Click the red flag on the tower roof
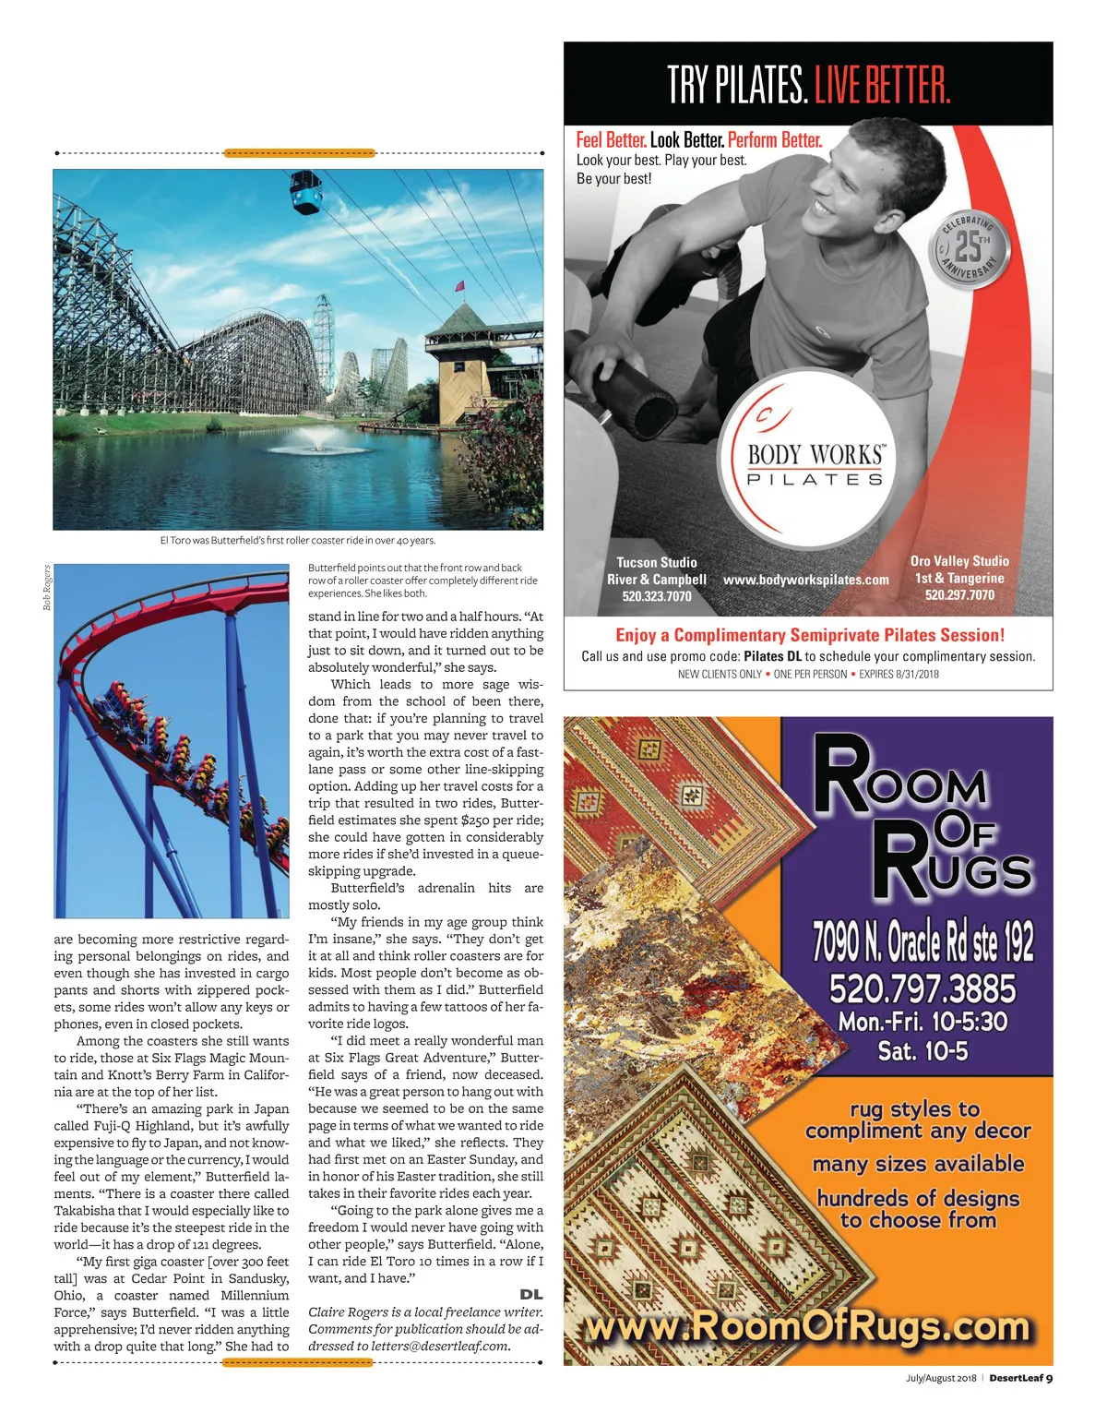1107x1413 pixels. click(458, 288)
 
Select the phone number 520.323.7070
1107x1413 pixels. click(656, 596)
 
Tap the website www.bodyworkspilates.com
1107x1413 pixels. click(806, 580)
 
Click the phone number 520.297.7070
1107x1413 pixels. click(959, 595)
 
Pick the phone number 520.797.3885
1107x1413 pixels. click(922, 988)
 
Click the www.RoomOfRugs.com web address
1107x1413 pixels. click(808, 1327)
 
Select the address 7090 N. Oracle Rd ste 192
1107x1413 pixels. click(922, 940)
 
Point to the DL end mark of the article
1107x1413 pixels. click(531, 1295)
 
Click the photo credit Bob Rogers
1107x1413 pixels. click(47, 588)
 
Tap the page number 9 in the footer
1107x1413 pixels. click(1050, 1378)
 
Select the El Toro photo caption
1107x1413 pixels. click(297, 541)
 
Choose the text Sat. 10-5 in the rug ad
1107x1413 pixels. click(922, 1051)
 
